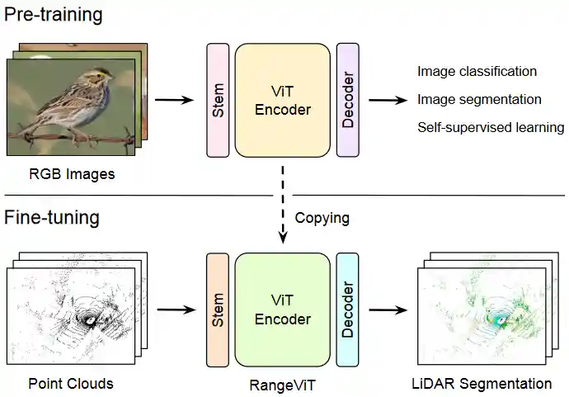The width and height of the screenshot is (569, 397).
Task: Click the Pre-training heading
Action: (54, 15)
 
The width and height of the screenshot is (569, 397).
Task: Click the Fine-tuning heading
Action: (52, 219)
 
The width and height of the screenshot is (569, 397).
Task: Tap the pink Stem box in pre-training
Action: (218, 99)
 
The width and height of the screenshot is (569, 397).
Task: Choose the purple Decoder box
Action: (347, 99)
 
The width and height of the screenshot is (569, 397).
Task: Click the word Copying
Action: (322, 219)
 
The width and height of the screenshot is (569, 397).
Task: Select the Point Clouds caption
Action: (71, 384)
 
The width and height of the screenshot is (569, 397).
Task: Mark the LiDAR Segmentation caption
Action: (482, 384)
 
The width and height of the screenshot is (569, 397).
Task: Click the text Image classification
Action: (477, 72)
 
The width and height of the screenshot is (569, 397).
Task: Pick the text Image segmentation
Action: (479, 100)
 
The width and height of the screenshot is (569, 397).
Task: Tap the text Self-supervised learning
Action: (491, 128)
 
